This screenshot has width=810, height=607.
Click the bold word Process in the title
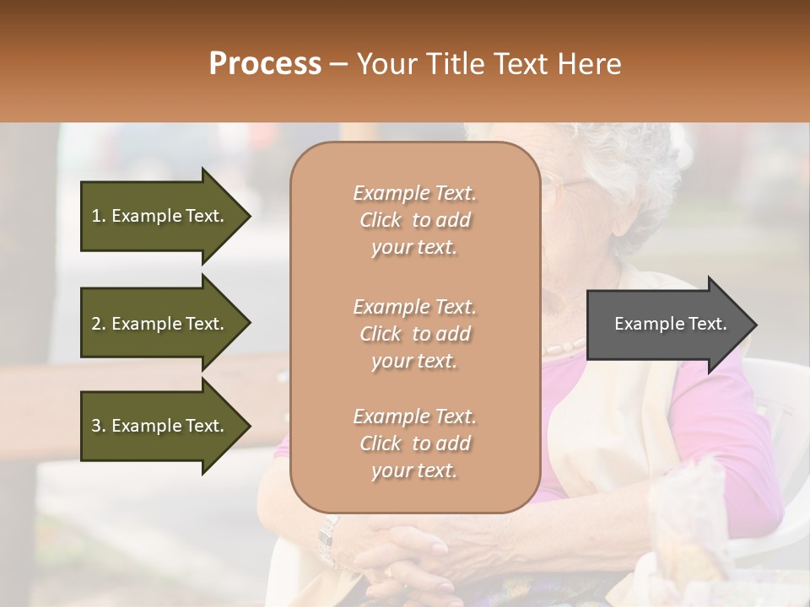(265, 63)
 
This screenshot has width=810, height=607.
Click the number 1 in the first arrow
(96, 216)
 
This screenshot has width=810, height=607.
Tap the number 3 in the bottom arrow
(96, 426)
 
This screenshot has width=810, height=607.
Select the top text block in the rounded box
(414, 220)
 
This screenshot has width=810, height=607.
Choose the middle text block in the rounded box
(414, 333)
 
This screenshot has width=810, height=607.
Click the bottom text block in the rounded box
(414, 443)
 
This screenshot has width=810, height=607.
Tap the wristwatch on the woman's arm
(326, 540)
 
